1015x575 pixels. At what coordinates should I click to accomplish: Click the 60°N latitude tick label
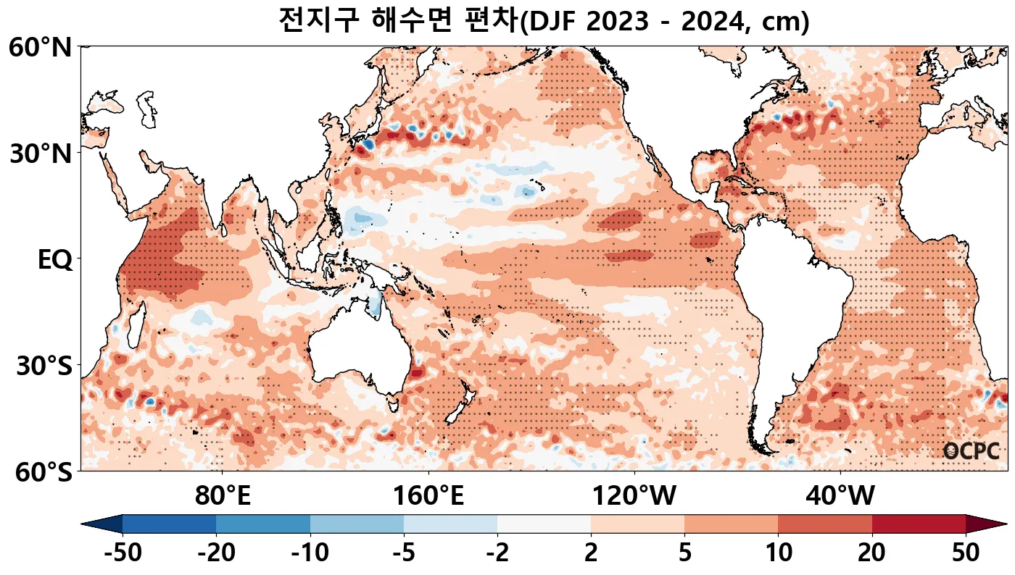pos(40,49)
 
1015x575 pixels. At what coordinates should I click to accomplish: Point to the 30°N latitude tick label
pos(40,154)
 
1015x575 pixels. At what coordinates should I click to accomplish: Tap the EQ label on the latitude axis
pos(54,260)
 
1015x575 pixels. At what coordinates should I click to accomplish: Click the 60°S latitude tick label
pos(40,472)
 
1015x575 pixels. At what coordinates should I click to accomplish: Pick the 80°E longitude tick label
pos(223,497)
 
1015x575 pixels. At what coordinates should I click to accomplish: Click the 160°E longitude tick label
pos(428,497)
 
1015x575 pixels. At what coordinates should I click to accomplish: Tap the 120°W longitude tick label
pos(634,497)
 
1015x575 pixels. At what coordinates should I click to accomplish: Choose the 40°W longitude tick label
pos(840,497)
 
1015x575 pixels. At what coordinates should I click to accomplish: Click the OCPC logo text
pos(971,451)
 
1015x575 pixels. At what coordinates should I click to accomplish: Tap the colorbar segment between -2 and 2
pos(544,524)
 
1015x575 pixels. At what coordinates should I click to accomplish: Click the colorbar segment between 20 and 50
pos(918,524)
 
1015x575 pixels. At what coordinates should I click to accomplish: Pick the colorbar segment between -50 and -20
pos(169,524)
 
